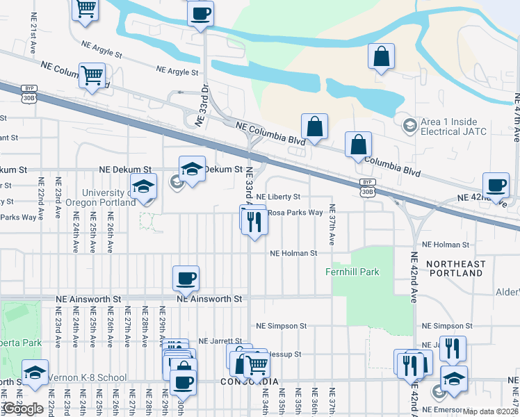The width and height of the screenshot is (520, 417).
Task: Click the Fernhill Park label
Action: (352, 272)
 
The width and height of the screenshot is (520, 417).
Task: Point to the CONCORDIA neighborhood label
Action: (250, 382)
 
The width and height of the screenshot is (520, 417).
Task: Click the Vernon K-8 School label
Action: (87, 377)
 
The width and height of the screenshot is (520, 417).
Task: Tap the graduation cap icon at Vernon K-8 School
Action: (35, 373)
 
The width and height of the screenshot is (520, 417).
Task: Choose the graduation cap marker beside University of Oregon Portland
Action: (144, 186)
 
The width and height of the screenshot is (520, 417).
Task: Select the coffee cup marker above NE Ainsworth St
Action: (186, 278)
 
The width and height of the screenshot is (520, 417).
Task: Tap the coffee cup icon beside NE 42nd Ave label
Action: (496, 185)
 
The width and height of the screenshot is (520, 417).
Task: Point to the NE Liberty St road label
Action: (278, 197)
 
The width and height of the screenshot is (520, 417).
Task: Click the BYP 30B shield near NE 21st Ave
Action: (29, 93)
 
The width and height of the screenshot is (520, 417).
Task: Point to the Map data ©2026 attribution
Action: (491, 411)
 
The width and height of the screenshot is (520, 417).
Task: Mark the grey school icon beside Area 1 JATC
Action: (409, 126)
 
